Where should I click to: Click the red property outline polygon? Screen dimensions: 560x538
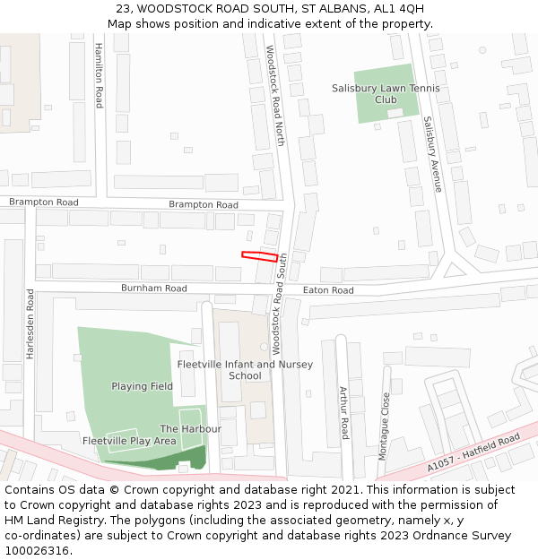coord(259,256)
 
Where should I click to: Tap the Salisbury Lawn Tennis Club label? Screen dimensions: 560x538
coord(386,94)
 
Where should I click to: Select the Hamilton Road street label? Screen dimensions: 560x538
coord(99,76)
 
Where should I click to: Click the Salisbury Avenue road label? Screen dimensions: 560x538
coord(432,154)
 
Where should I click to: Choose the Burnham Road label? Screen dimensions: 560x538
coord(155,289)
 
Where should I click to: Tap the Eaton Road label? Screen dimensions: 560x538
coord(328,290)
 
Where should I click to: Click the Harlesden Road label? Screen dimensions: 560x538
coord(30,323)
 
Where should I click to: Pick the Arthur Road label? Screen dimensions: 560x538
coord(343,413)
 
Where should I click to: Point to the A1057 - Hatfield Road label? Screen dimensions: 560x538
coord(473,452)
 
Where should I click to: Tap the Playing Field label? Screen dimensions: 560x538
coord(142,386)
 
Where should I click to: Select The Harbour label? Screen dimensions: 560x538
coord(190,429)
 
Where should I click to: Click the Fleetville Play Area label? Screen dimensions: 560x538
coord(129,441)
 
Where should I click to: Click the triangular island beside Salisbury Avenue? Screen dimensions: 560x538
coord(456,269)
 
